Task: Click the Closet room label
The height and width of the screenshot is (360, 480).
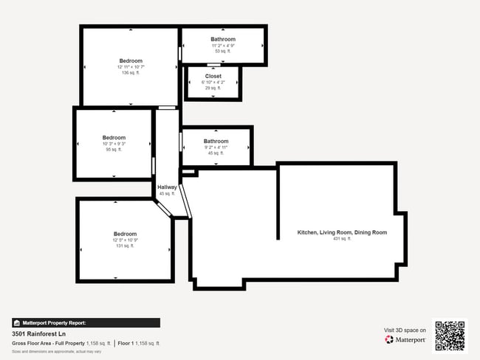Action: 213,76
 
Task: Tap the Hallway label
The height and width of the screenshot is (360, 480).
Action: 167,187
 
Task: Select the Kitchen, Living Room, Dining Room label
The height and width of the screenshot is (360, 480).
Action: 342,232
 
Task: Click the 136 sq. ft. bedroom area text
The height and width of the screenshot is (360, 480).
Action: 131,73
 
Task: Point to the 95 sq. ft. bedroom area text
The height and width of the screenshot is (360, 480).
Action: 114,150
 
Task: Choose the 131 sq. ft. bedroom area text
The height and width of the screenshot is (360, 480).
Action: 125,246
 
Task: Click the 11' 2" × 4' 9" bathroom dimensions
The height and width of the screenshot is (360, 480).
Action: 223,46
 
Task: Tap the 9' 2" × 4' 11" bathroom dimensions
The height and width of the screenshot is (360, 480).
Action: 216,148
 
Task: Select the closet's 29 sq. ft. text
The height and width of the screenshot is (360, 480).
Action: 213,88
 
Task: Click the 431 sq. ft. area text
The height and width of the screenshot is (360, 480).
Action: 342,239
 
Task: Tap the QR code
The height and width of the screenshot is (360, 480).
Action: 450,334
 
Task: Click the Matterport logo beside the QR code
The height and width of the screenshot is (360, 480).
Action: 405,340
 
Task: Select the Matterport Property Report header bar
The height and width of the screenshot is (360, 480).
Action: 86,322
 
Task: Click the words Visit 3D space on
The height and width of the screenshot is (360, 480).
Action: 405,330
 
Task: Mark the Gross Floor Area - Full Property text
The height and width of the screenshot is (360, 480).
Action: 49,344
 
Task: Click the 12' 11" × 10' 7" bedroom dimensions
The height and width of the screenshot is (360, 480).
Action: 131,67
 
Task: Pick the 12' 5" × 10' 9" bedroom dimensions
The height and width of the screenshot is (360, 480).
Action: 125,240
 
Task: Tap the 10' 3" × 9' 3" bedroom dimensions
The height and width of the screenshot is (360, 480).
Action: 114,144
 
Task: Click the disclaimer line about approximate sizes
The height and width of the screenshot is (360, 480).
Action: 46,351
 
